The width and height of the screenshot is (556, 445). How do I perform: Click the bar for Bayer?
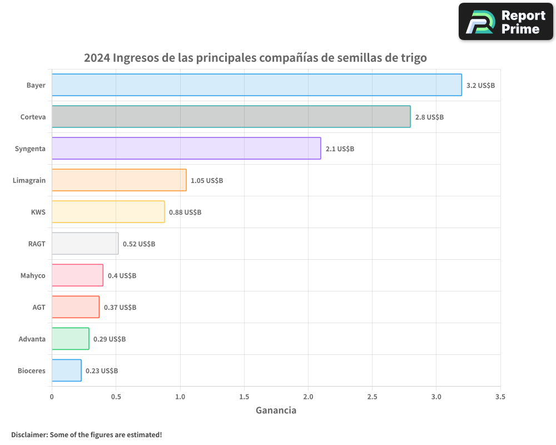click(x=256, y=85)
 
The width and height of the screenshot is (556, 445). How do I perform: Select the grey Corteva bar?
click(x=231, y=117)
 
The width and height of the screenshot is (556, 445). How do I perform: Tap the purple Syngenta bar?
click(x=186, y=149)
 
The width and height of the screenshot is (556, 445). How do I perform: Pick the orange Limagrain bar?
click(x=119, y=180)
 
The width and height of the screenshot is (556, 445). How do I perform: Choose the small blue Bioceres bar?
click(x=66, y=370)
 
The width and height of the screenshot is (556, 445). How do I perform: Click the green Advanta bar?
click(x=70, y=339)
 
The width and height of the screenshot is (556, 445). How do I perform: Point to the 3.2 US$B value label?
click(x=480, y=86)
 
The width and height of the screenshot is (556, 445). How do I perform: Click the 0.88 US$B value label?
click(x=185, y=212)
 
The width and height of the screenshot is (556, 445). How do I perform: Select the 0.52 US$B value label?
click(x=139, y=244)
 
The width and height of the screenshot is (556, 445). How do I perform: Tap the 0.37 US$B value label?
click(x=120, y=308)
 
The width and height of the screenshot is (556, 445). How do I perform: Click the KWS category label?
click(x=38, y=212)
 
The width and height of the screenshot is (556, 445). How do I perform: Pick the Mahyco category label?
click(x=33, y=275)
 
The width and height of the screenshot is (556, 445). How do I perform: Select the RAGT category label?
click(x=37, y=244)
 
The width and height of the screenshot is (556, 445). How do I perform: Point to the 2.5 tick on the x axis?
click(x=372, y=397)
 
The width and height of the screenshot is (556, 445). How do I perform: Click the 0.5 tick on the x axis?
click(x=116, y=397)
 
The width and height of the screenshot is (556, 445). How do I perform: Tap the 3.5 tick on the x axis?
click(x=500, y=397)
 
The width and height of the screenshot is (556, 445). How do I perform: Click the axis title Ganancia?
click(x=276, y=411)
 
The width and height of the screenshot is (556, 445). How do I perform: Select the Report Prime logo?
click(x=506, y=22)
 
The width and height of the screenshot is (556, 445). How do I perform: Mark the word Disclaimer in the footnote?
click(x=29, y=434)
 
